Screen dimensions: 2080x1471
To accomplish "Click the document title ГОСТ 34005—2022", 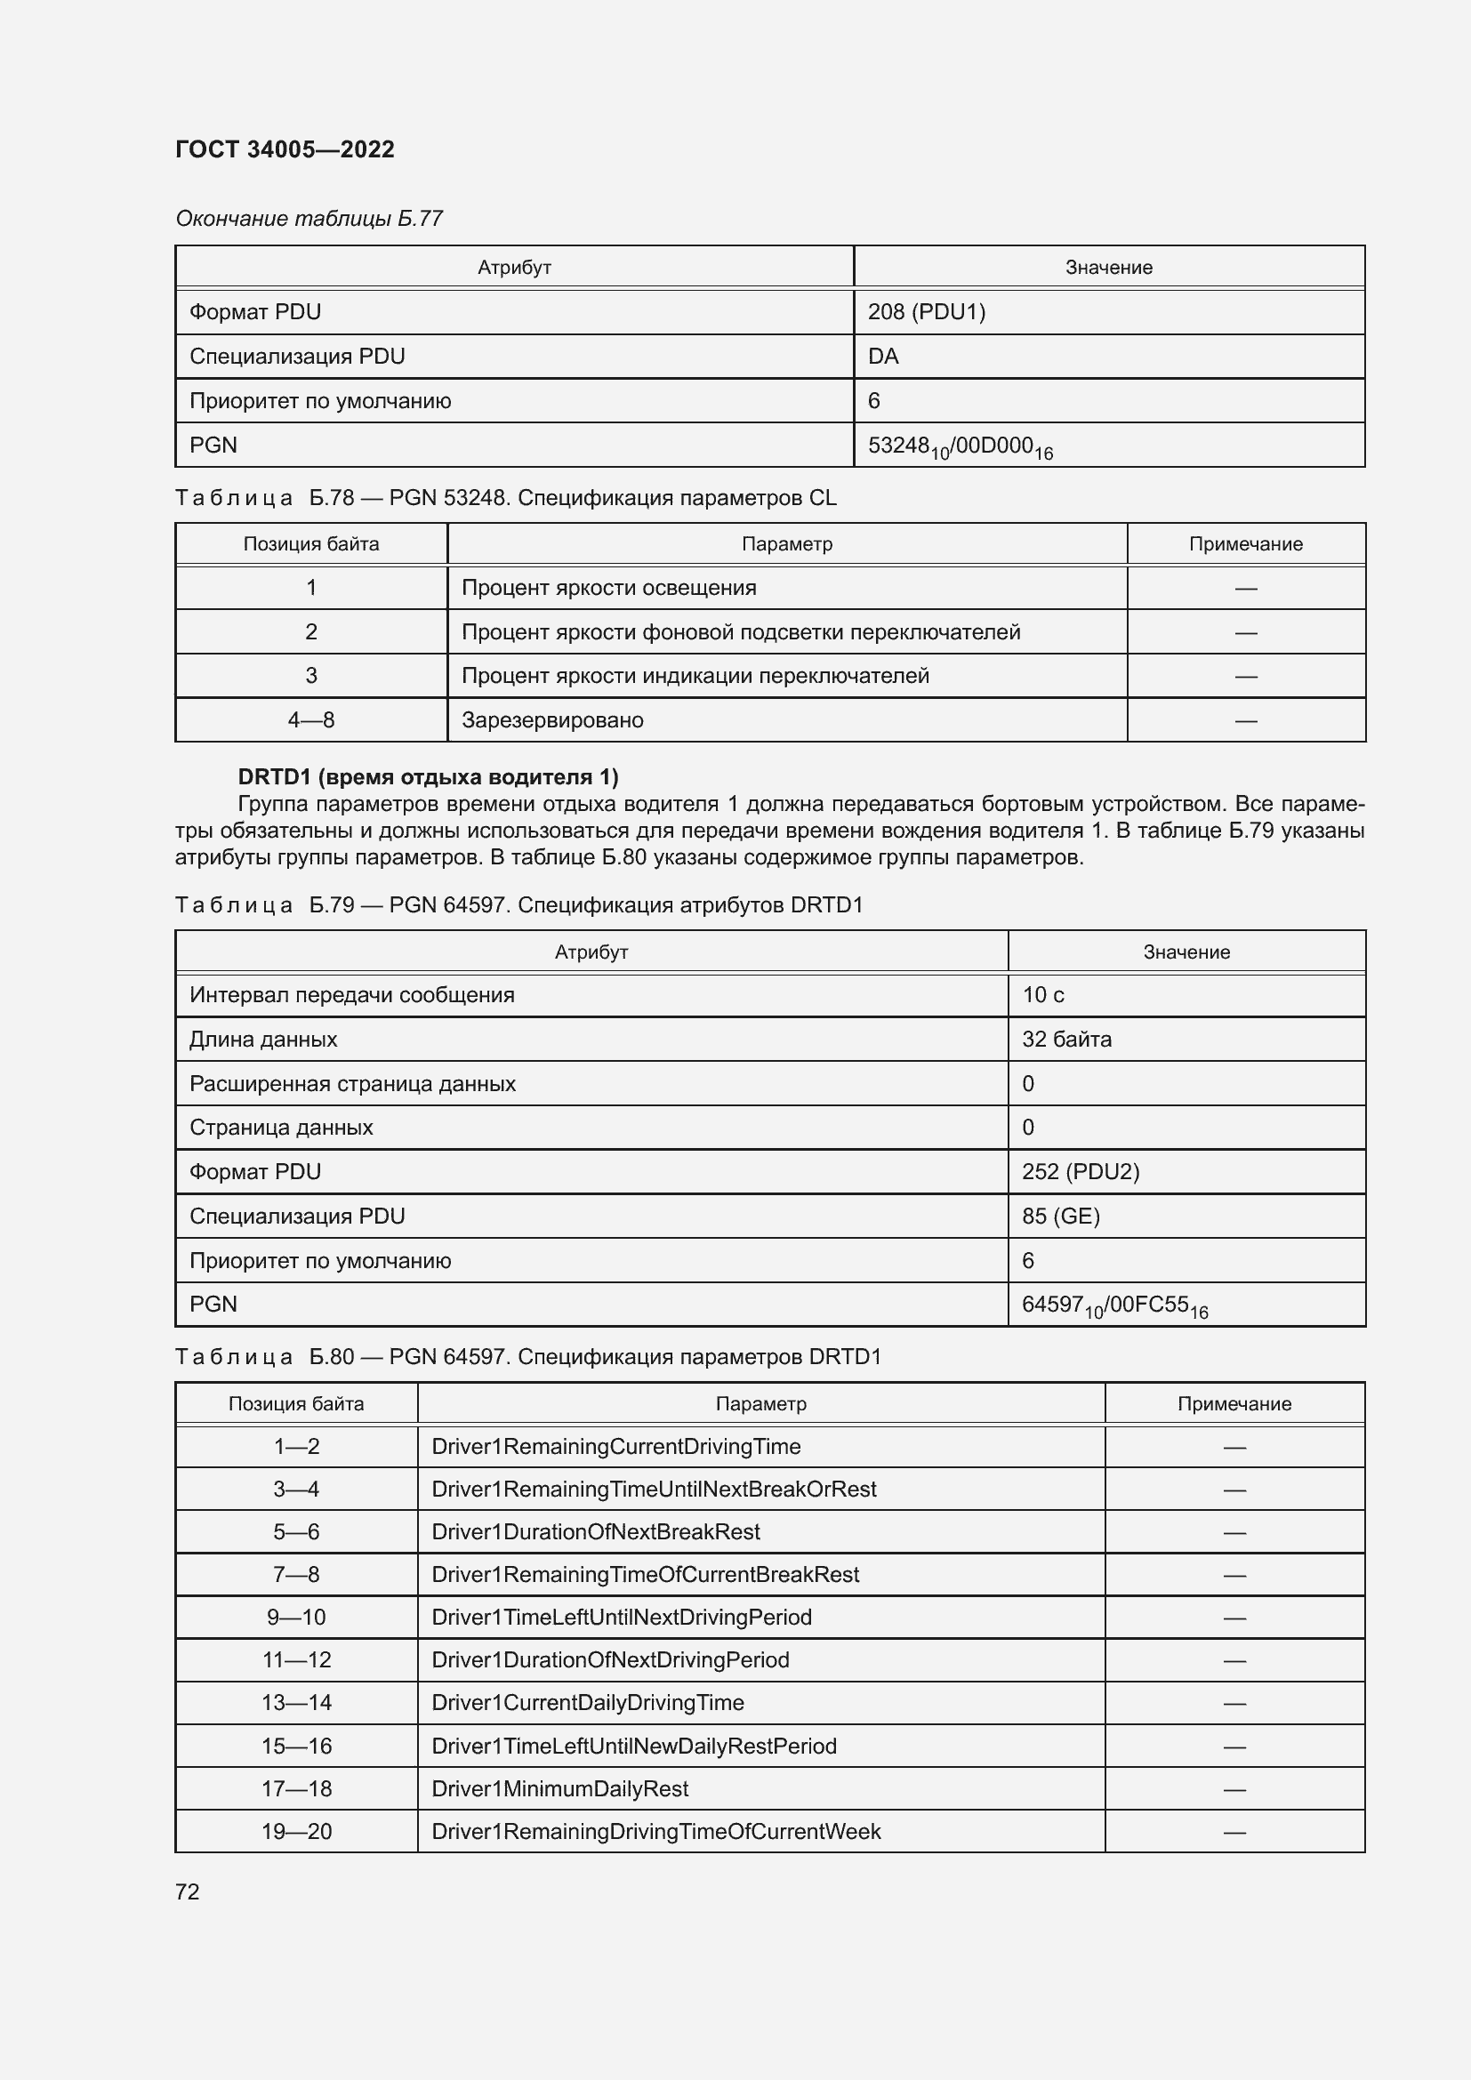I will point(285,149).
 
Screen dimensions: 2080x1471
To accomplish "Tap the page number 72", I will point(188,1891).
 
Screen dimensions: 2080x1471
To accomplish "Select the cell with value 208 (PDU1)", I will point(926,311).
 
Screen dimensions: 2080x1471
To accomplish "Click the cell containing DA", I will point(883,356).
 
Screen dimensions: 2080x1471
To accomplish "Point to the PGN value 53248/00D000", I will point(960,446).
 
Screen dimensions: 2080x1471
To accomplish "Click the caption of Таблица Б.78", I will point(505,498).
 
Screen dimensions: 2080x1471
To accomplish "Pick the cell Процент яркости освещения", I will point(608,588).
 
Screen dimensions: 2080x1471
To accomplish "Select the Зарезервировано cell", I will point(552,720).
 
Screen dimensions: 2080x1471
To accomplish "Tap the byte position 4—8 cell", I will point(310,720).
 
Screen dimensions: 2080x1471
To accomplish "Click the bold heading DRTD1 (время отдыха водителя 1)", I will point(428,777).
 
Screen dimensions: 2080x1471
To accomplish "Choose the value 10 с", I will point(1042,995).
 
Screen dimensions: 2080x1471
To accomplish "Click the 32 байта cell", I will point(1066,1039).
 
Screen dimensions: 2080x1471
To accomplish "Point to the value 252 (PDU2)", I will point(1080,1171).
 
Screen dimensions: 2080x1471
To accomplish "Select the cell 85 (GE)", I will point(1060,1216).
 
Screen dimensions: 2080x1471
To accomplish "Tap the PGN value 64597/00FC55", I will point(1113,1305).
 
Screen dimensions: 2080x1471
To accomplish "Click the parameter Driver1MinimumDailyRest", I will point(559,1788).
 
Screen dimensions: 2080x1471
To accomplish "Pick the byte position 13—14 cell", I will point(296,1702).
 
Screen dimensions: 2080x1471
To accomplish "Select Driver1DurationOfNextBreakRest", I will point(595,1531).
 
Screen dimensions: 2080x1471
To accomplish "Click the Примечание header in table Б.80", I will point(1234,1403).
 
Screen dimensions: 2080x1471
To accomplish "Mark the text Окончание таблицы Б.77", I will point(309,219).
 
